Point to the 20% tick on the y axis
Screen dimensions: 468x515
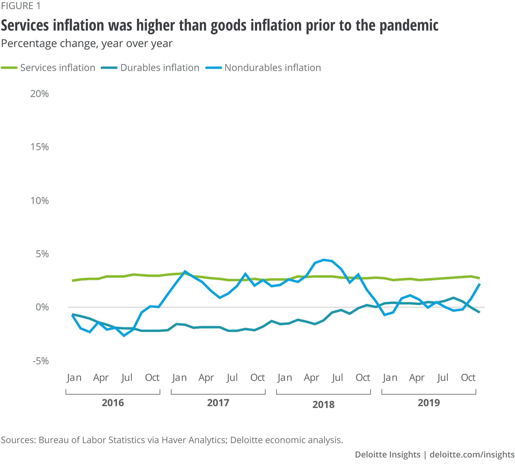click(x=39, y=94)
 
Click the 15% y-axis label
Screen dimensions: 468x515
click(x=39, y=147)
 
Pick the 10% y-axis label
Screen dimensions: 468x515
click(x=39, y=201)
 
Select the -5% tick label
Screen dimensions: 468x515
click(x=40, y=361)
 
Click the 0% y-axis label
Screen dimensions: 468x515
click(x=42, y=307)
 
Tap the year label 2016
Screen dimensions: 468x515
click(x=113, y=403)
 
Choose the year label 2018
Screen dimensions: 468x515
click(x=323, y=404)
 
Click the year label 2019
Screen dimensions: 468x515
click(x=429, y=403)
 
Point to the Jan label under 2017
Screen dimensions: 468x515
click(x=179, y=377)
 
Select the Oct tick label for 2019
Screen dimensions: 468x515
click(x=468, y=377)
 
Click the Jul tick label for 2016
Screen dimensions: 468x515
click(x=127, y=377)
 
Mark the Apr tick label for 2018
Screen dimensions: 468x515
click(x=311, y=377)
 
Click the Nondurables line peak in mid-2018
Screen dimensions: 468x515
click(x=324, y=260)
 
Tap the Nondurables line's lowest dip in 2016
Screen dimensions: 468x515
click(x=124, y=335)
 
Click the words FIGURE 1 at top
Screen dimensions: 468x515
click(x=21, y=6)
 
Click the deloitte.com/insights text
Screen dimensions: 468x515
click(x=472, y=454)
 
